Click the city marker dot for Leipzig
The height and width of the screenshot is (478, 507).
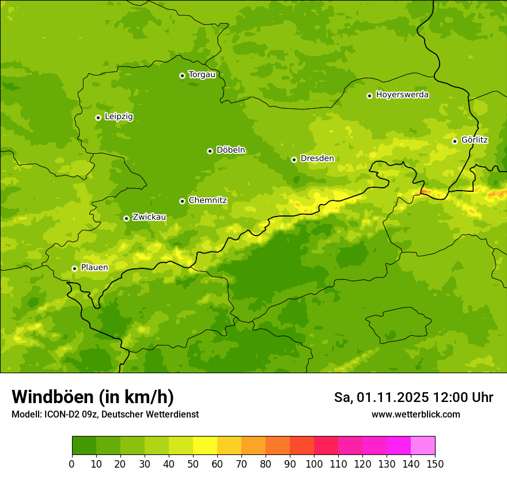[x=98, y=117]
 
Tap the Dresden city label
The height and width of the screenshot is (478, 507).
[x=317, y=158]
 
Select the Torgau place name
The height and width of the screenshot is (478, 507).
[x=202, y=74]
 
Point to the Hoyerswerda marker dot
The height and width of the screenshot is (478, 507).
[x=369, y=96]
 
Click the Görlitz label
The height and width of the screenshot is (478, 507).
[x=474, y=140]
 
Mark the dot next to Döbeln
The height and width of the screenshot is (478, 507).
[x=210, y=151]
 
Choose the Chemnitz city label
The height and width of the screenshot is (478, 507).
[x=207, y=200]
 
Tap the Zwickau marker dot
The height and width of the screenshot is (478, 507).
[x=126, y=218]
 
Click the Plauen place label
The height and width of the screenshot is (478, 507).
[x=94, y=267]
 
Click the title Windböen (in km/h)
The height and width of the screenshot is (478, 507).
[x=92, y=397]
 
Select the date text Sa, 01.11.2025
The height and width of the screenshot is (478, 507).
[x=380, y=397]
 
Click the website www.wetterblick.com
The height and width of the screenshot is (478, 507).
[x=415, y=414]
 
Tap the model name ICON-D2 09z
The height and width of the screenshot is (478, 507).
[x=69, y=414]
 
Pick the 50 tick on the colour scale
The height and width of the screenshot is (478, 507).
[x=193, y=464]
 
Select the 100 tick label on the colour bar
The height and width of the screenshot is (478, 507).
[x=314, y=464]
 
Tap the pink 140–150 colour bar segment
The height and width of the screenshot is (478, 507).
[x=423, y=446]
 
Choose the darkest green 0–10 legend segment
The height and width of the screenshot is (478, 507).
[x=84, y=446]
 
